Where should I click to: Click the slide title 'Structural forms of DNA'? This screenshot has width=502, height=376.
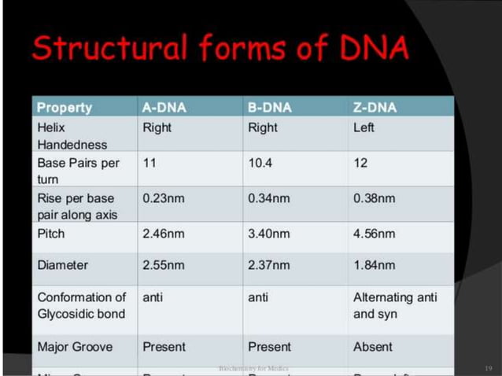(x=220, y=49)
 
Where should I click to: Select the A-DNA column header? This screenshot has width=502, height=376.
(x=164, y=108)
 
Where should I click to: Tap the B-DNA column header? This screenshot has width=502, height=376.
(x=269, y=108)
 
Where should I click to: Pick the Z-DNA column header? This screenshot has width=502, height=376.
(x=375, y=108)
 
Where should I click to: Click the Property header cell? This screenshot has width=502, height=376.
(x=65, y=108)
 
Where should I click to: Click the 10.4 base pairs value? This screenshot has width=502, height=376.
(x=260, y=163)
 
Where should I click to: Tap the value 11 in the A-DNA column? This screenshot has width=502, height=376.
(x=149, y=163)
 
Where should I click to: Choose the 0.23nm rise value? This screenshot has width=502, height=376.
(x=164, y=198)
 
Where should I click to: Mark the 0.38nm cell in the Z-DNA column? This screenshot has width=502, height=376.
(x=375, y=198)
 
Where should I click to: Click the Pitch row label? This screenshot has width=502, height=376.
(x=51, y=234)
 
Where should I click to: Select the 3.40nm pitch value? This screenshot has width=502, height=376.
(x=269, y=234)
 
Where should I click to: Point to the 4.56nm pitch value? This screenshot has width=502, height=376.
(x=375, y=234)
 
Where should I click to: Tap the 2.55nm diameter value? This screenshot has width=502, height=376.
(x=164, y=265)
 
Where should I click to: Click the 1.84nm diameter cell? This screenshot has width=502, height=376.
(x=375, y=265)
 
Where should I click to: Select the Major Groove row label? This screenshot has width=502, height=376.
(x=75, y=347)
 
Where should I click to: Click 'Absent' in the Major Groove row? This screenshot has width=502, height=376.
(x=373, y=347)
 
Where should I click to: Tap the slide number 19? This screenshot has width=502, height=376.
(x=488, y=367)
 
